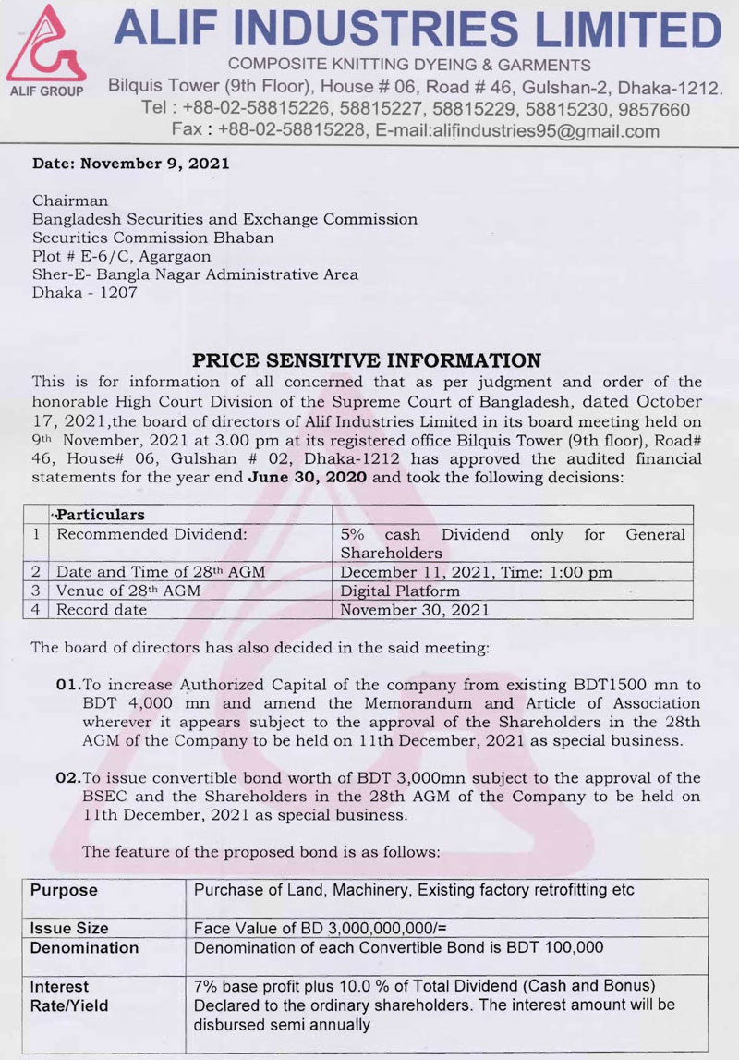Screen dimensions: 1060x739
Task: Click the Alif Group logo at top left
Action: pyautogui.click(x=45, y=51)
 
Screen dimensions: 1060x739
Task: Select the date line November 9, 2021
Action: pyautogui.click(x=130, y=164)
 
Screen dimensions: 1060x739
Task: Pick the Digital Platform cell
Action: pyautogui.click(x=399, y=591)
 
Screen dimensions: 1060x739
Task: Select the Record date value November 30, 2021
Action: pyautogui.click(x=415, y=610)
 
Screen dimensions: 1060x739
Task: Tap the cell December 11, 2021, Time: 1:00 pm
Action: pyautogui.click(x=476, y=572)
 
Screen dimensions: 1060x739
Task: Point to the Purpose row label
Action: pyautogui.click(x=64, y=891)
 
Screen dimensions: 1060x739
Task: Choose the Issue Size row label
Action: pyautogui.click(x=69, y=928)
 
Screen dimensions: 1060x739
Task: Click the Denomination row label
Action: pyautogui.click(x=84, y=947)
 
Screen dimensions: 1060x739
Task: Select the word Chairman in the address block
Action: pyautogui.click(x=70, y=201)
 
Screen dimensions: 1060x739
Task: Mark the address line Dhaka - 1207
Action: pyautogui.click(x=84, y=293)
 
